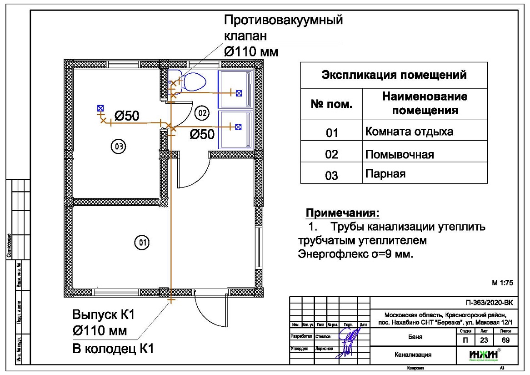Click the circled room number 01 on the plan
(141, 243)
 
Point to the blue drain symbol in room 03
(100, 108)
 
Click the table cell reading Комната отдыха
(409, 132)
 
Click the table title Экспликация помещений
(394, 75)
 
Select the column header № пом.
(331, 104)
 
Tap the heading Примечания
(342, 213)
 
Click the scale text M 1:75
(502, 283)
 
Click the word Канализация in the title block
(413, 355)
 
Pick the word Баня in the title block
(413, 338)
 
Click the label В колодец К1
(113, 349)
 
